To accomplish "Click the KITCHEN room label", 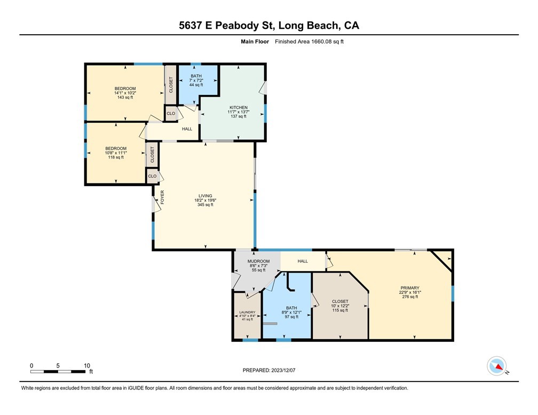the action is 239,107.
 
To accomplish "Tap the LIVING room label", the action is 205,196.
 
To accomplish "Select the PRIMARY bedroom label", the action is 410,288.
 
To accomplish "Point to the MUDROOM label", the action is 258,261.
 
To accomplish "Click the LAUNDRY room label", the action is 247,313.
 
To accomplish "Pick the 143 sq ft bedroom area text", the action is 125,98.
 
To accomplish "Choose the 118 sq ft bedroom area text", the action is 116,157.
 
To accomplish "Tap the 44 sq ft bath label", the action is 196,85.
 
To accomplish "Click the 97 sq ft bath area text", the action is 291,317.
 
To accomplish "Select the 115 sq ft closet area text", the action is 340,310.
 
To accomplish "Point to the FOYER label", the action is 162,197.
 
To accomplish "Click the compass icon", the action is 496,366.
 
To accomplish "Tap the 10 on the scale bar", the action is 87,365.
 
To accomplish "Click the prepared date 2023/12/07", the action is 283,370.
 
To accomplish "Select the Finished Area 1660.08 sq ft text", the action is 309,42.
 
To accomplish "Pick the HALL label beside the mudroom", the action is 303,261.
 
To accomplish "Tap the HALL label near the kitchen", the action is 187,129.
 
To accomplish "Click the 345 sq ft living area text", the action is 205,205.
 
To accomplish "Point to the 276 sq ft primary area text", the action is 410,297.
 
